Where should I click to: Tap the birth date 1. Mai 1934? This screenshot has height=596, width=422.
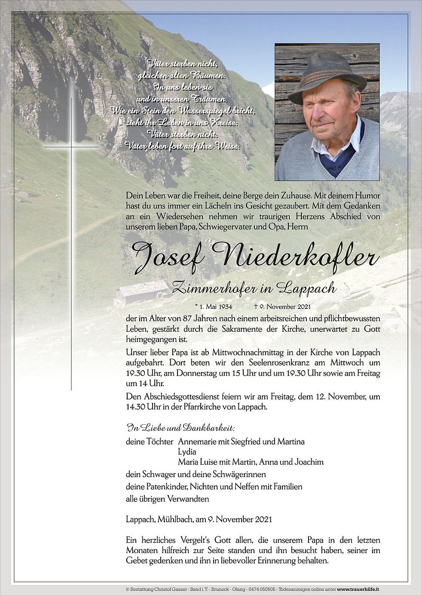tap(214, 306)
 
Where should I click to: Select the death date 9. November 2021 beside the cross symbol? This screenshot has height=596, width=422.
tap(285, 306)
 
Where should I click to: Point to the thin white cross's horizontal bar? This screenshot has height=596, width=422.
tap(71, 147)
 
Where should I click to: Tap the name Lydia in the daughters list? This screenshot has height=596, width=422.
tap(187, 451)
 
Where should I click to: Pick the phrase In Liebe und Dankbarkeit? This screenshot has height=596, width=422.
tap(181, 427)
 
